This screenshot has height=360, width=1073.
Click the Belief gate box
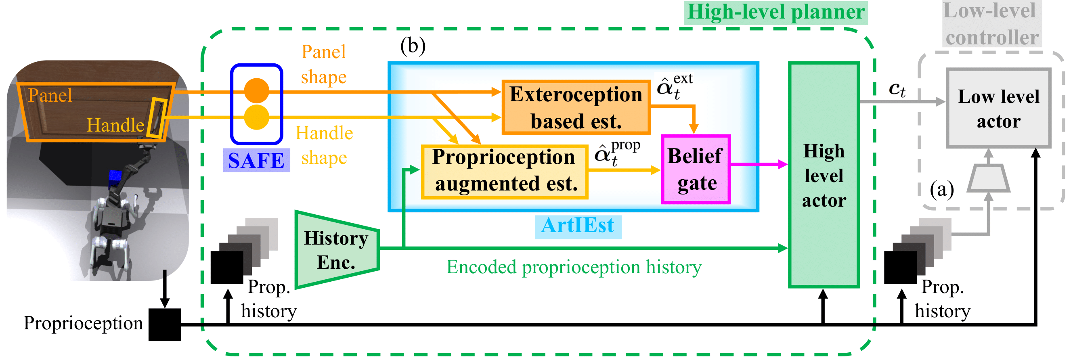696,169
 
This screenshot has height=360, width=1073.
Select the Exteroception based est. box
576,107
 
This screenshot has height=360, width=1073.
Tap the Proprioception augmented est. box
505,171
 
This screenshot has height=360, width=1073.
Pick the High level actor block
824,175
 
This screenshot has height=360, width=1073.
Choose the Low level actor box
998,108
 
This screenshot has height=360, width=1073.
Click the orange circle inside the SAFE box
257,90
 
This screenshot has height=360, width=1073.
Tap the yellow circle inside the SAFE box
257,117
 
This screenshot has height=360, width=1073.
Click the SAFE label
256,160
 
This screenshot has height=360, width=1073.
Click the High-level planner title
775,12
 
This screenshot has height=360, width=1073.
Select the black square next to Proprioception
165,324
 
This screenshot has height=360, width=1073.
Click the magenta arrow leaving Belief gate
758,164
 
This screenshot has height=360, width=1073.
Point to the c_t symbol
897,89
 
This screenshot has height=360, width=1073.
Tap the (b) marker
413,46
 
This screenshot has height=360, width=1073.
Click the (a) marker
942,190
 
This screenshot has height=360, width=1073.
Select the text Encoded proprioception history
574,267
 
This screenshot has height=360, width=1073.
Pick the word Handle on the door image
115,125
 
